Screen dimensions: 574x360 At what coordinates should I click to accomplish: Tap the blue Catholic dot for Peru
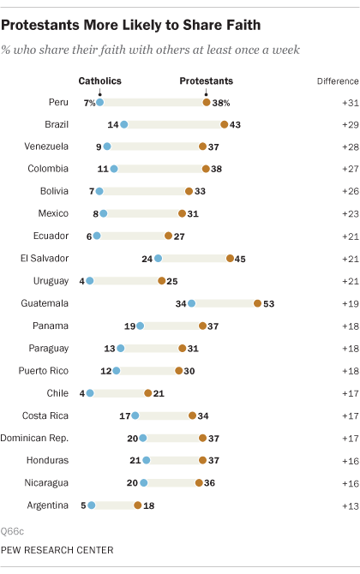click(x=100, y=102)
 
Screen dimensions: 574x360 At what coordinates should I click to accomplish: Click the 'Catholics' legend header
click(x=99, y=81)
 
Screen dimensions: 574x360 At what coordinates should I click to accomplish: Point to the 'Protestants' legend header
click(x=206, y=81)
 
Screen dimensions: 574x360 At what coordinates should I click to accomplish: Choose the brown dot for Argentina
click(x=138, y=505)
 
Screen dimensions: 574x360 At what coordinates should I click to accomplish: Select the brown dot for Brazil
click(x=224, y=125)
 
